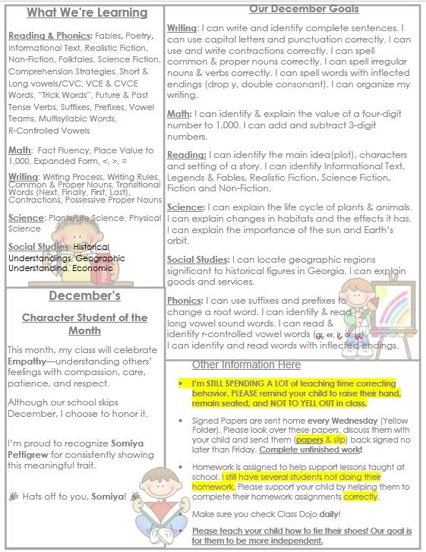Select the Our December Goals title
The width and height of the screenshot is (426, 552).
click(294, 8)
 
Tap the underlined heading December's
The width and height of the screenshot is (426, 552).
click(84, 295)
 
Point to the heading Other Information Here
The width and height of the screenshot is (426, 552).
click(247, 364)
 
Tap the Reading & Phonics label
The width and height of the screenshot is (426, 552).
click(49, 35)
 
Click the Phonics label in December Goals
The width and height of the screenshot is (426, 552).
click(185, 301)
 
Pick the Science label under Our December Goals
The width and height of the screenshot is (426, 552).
click(186, 207)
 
